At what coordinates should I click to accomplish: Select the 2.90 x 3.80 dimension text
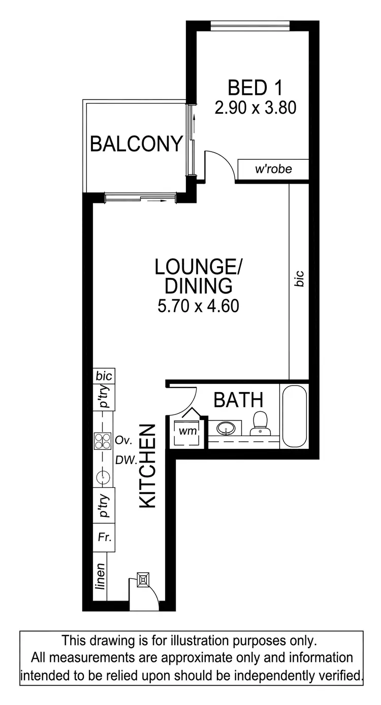pos(255,108)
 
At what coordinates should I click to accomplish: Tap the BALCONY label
pos(136,144)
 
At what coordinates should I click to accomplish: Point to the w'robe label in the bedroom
pos(273,169)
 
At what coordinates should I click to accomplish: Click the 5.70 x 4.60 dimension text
pos(199,306)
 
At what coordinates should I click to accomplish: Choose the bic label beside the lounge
pos(299,279)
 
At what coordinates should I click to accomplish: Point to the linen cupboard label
pos(101,577)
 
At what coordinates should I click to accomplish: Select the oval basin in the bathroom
pos(226,429)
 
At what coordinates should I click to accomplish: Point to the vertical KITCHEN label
pos(147,466)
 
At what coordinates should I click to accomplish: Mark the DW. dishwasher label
pos(125,461)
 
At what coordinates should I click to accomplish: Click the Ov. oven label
pos(123,440)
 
